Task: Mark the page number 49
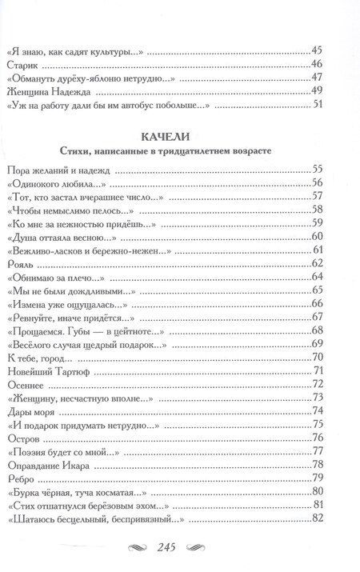click(x=316, y=92)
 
